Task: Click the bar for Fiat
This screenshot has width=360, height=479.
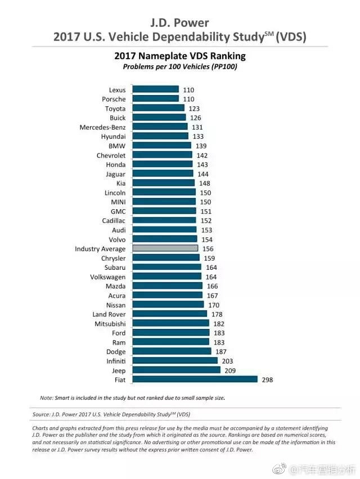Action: pos(195,379)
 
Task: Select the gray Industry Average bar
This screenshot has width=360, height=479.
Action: pos(165,248)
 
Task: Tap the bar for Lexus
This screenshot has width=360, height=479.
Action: pos(155,89)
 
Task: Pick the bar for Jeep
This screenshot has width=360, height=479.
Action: pos(176,370)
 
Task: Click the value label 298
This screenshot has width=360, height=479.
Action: pos(268,380)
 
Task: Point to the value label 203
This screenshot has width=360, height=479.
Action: pos(227,361)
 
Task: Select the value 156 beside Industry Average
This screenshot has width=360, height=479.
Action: pos(208,248)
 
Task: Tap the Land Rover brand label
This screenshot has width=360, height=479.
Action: pos(109,314)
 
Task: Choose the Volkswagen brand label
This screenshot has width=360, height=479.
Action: pos(107,277)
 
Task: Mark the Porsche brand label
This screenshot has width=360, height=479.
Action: pos(114,99)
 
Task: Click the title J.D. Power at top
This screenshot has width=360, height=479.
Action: pos(180,23)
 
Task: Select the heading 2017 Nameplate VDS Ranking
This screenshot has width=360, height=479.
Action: pos(180,56)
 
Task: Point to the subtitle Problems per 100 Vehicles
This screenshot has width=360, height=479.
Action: pos(180,67)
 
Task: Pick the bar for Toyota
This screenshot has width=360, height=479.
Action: pos(158,108)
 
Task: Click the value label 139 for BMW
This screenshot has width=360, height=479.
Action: pos(201,146)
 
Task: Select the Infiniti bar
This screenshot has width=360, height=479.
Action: pos(174,361)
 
